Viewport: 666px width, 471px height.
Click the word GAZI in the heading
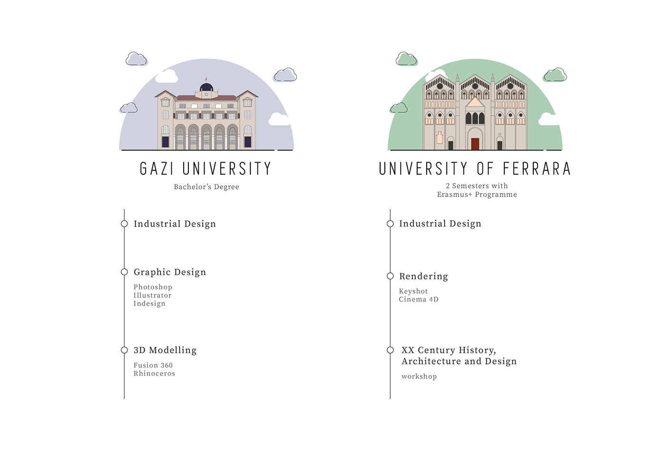pyautogui.click(x=157, y=169)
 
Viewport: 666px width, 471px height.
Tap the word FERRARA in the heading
pyautogui.click(x=536, y=169)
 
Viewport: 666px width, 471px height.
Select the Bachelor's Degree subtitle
pyautogui.click(x=206, y=187)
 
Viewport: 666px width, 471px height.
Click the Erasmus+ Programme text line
pyautogui.click(x=477, y=195)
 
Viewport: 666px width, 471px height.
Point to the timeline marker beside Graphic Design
pyautogui.click(x=124, y=272)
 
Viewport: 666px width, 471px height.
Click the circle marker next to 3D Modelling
pyautogui.click(x=124, y=350)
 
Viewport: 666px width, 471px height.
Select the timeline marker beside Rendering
pyautogui.click(x=390, y=276)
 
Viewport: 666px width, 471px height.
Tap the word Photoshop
pyautogui.click(x=153, y=287)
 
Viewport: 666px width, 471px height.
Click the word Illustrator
pyautogui.click(x=152, y=295)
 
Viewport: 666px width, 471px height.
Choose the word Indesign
pyautogui.click(x=149, y=304)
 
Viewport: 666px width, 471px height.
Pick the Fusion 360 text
pyautogui.click(x=153, y=365)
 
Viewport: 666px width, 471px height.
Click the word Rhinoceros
pyautogui.click(x=154, y=373)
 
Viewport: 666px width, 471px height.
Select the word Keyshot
pyautogui.click(x=413, y=291)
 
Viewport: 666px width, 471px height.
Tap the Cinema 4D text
pyautogui.click(x=419, y=299)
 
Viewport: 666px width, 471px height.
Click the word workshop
pyautogui.click(x=419, y=377)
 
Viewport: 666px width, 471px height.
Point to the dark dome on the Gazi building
pyautogui.click(x=206, y=87)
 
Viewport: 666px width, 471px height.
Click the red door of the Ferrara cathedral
pyautogui.click(x=475, y=144)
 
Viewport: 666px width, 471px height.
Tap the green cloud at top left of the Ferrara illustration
pyautogui.click(x=406, y=59)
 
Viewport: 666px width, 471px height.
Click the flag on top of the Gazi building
pyautogui.click(x=206, y=79)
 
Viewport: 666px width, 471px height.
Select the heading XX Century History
pyautogui.click(x=448, y=351)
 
